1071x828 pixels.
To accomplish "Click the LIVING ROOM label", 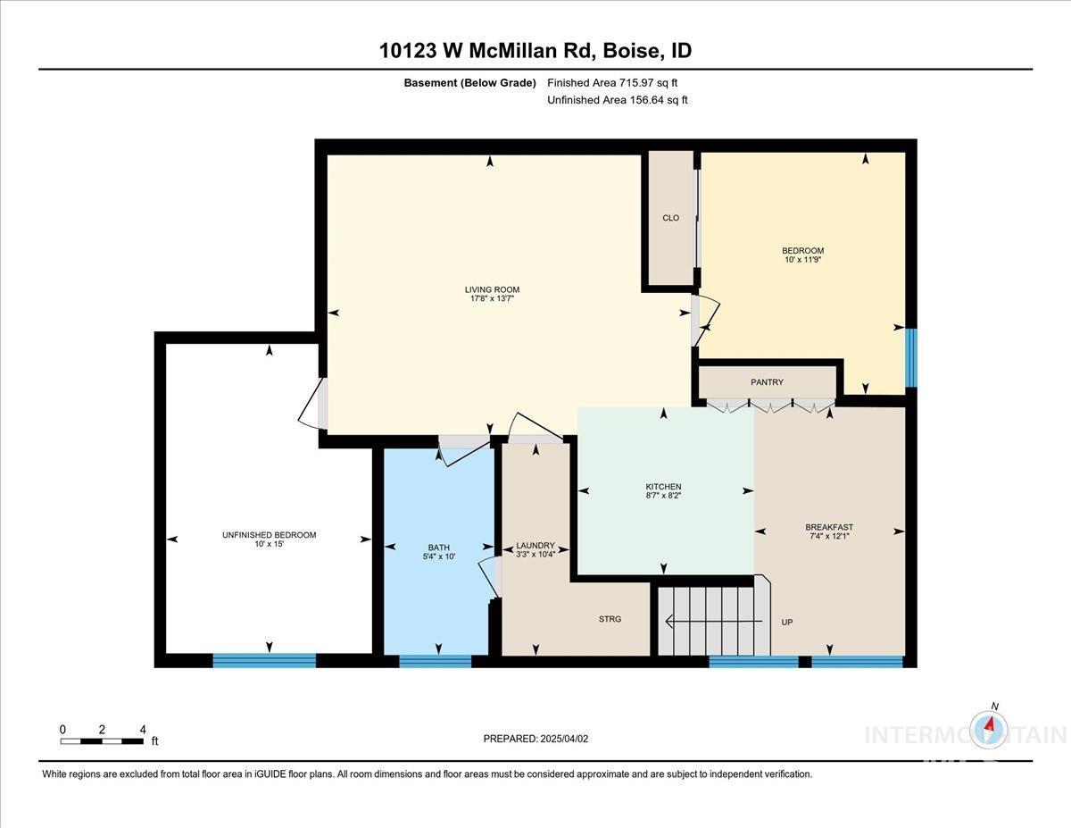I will coord(492,289).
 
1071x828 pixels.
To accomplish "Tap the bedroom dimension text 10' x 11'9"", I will coord(802,261).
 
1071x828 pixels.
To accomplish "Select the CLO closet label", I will coord(671,218).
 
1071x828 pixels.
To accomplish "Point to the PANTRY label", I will coord(767,382).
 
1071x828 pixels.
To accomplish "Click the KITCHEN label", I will coord(663,487).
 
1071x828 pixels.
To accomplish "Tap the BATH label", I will coord(438,548).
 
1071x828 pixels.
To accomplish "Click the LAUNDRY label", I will coord(535,546).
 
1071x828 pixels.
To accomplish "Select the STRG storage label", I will coord(610,619).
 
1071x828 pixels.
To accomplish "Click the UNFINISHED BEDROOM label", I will coord(269,535).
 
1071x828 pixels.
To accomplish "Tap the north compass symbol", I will coord(990,729).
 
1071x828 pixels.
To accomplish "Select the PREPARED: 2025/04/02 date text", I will coord(535,739).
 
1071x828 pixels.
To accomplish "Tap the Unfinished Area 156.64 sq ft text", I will coord(618,100).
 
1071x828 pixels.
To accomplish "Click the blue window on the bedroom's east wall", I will coord(910,358).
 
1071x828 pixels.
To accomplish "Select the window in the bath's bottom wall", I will coord(435,661).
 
